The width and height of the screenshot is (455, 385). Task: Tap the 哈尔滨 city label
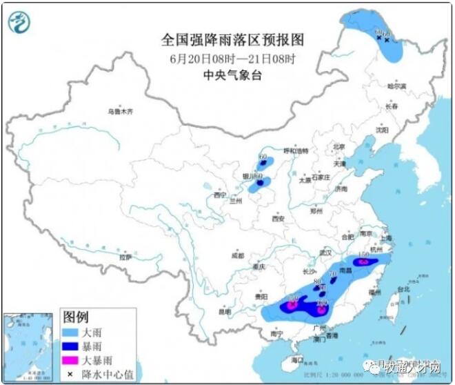tap(396, 86)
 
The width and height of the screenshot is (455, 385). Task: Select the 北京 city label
tap(338, 146)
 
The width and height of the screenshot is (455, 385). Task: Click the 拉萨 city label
tap(125, 257)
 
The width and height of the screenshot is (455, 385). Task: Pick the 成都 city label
tap(237, 255)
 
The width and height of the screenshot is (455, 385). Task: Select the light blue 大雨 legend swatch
tap(72, 332)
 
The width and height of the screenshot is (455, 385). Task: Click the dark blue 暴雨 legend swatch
tap(72, 346)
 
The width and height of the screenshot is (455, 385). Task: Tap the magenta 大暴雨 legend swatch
tap(72, 359)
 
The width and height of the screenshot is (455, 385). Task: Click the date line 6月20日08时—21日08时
tap(232, 57)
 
